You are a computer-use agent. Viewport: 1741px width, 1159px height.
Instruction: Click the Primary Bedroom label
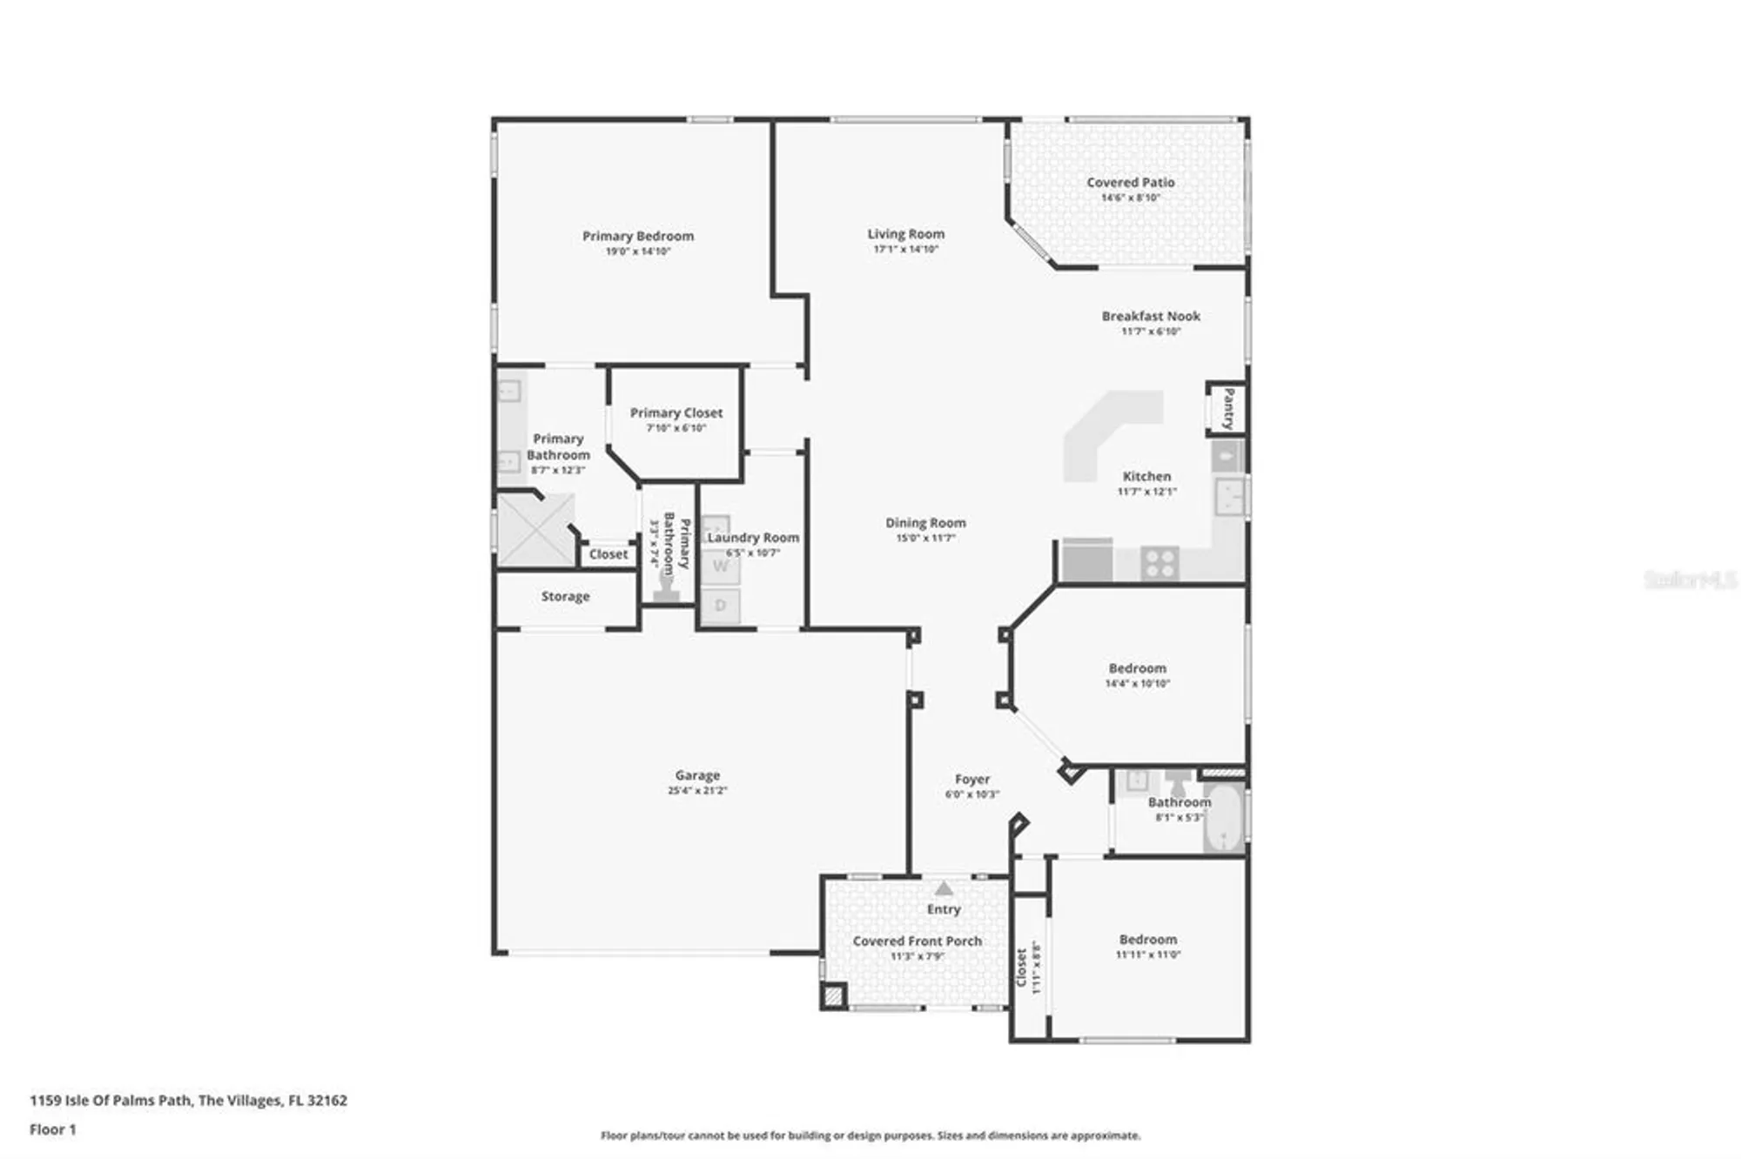[x=638, y=236]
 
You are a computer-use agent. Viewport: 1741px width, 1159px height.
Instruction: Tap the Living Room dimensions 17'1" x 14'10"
[x=905, y=249]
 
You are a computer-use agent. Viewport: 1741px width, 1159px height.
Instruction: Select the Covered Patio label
[x=1130, y=182]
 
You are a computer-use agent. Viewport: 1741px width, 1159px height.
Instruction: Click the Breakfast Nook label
[x=1151, y=316]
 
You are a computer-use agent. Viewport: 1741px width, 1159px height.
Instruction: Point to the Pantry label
[x=1227, y=408]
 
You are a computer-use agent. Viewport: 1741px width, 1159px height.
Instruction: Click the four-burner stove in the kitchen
[x=1160, y=563]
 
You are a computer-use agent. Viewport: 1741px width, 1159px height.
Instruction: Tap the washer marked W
[x=721, y=566]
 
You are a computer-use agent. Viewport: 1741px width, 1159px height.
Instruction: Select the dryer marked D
[x=721, y=606]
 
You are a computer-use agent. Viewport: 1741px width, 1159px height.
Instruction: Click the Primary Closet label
[x=676, y=412]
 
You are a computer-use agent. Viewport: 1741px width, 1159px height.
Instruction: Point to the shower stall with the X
[x=534, y=531]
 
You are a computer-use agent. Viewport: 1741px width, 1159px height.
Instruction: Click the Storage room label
[x=565, y=596]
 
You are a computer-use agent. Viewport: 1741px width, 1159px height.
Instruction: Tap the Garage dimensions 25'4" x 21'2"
[x=697, y=790]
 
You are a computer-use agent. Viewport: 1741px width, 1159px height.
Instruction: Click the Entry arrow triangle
[x=944, y=888]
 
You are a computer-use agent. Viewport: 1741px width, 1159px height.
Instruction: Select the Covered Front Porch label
[x=917, y=941]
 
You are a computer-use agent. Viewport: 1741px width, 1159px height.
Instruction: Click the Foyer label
[x=971, y=779]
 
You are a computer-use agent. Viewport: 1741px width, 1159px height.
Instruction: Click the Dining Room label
[x=925, y=522]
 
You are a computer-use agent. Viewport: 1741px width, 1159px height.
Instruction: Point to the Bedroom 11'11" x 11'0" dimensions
[x=1147, y=955]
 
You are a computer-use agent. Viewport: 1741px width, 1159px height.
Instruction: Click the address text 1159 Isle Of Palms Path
[x=110, y=1100]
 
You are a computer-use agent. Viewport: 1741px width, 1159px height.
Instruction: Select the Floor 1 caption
[x=52, y=1129]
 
